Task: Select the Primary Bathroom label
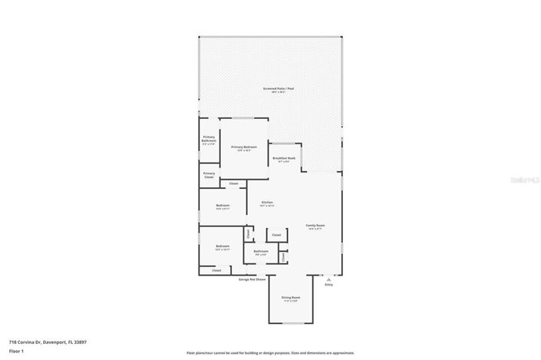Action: [209, 140]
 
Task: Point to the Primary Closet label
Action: [209, 175]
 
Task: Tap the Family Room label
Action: [315, 226]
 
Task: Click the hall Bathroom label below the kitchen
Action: [261, 252]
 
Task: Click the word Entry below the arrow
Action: [328, 285]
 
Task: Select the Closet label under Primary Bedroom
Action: [233, 183]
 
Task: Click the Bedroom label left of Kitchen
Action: [223, 206]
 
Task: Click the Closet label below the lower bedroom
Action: [216, 270]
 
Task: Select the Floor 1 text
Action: [15, 352]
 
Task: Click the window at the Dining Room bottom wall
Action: [290, 322]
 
